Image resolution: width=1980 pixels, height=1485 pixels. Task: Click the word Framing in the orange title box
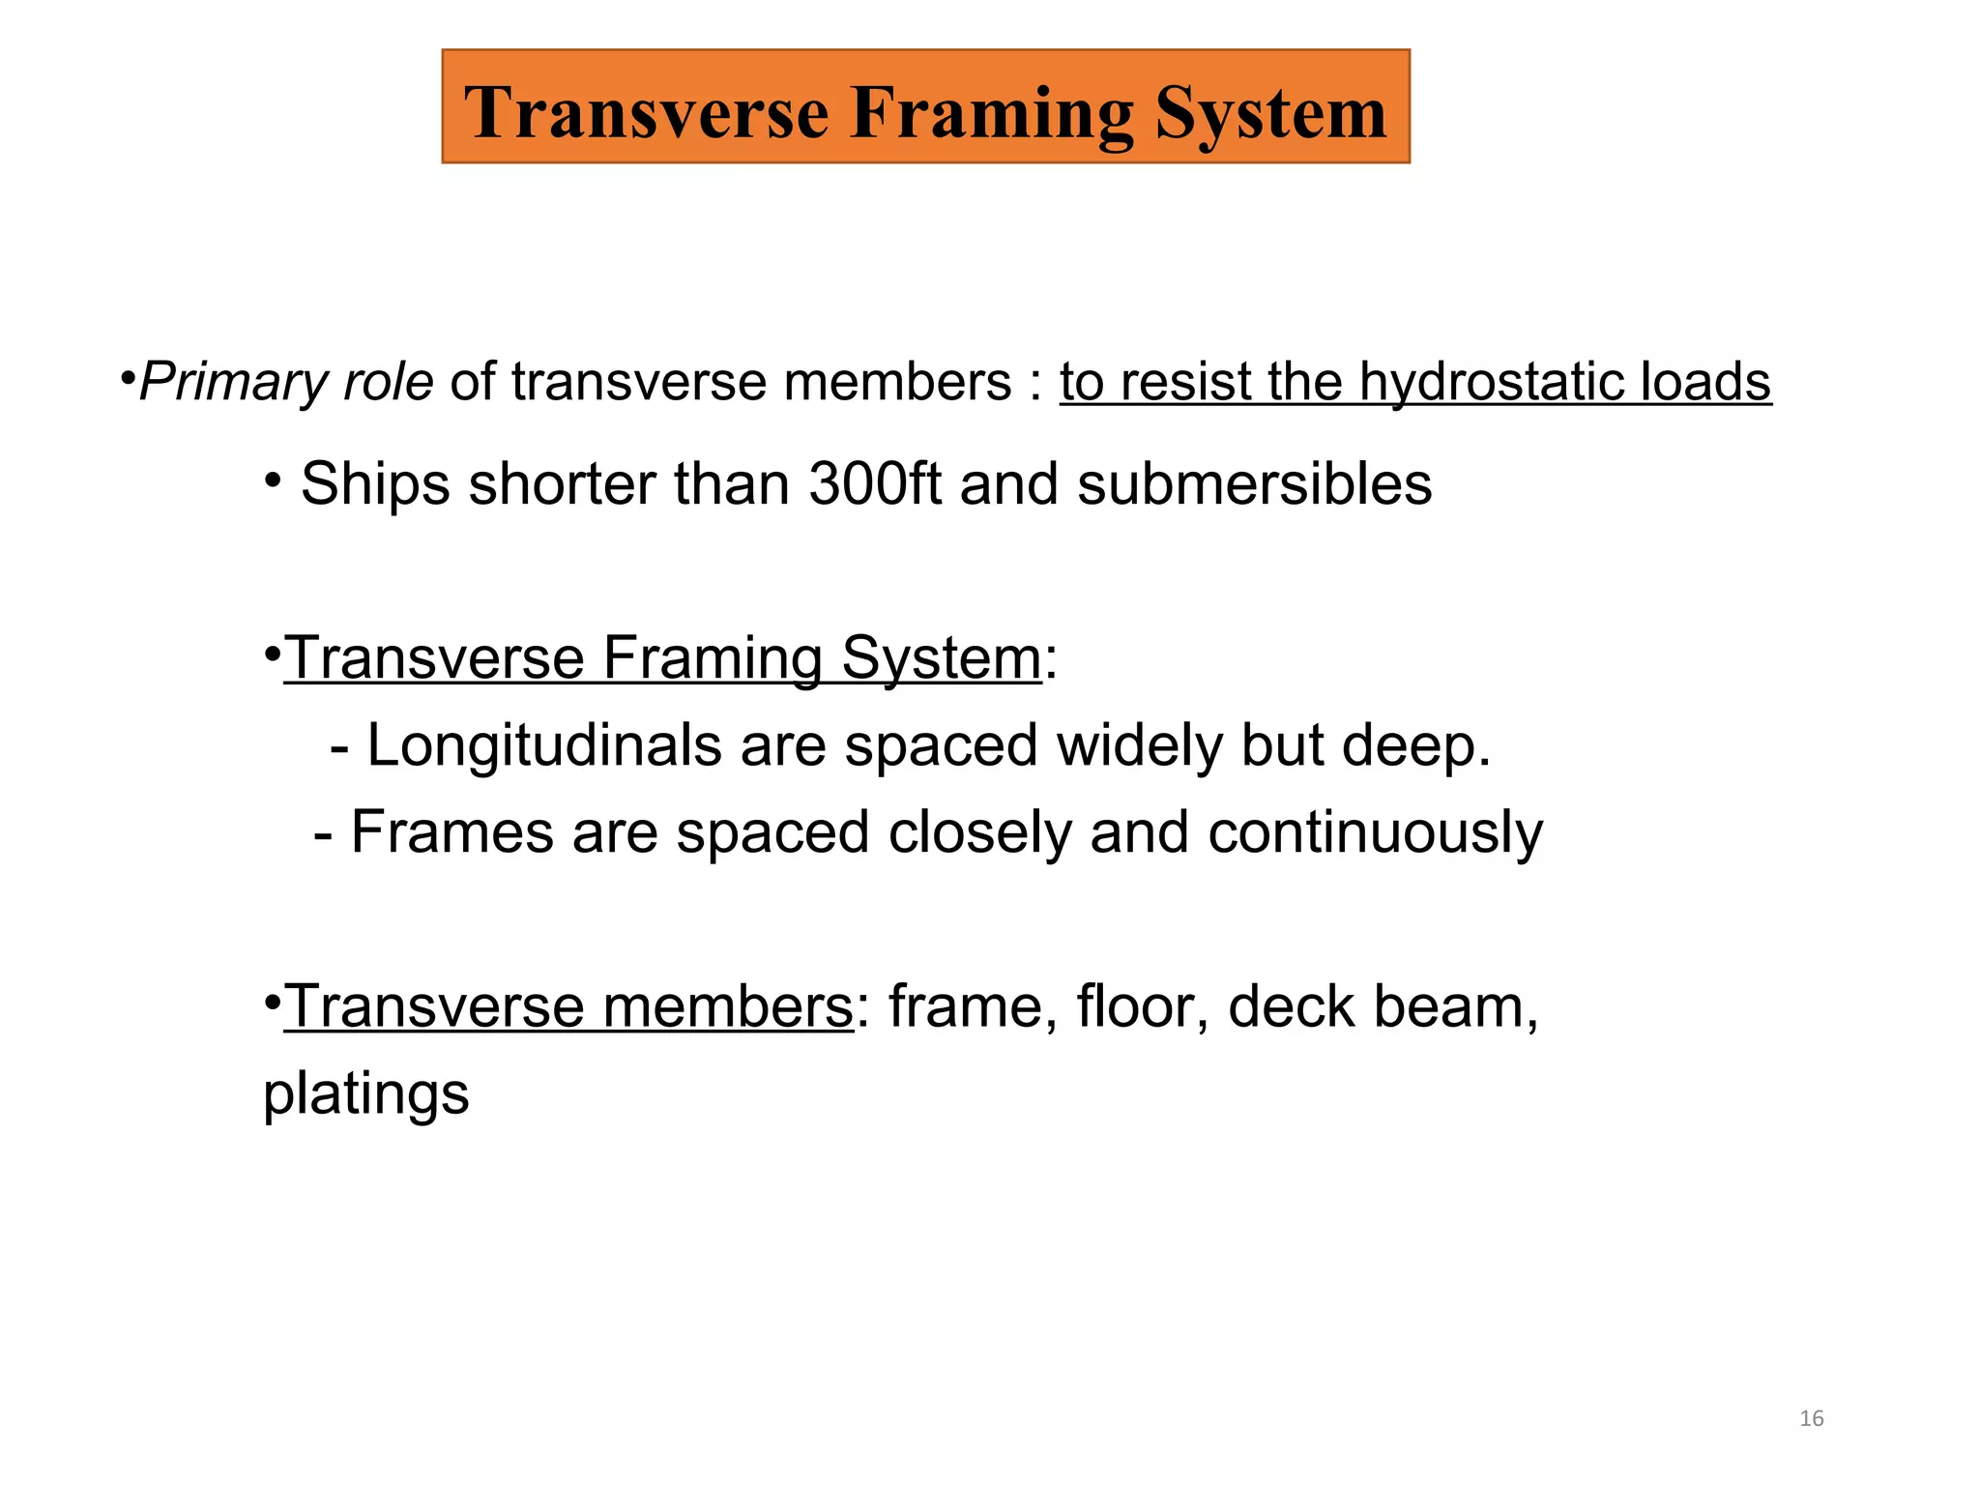coord(992,114)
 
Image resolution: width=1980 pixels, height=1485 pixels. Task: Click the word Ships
coord(375,483)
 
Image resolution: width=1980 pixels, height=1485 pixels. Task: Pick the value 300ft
coord(874,483)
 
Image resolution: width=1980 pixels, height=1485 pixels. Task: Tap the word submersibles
coord(1254,483)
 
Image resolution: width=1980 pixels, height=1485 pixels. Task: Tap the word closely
coord(979,832)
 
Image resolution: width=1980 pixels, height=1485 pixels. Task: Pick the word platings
coord(366,1095)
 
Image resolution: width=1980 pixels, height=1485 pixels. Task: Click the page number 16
coord(1811,1418)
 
